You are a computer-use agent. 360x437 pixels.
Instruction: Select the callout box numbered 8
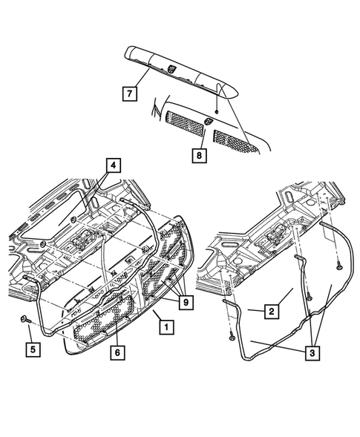coord(198,154)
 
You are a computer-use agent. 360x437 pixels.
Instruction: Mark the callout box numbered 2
coord(272,312)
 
